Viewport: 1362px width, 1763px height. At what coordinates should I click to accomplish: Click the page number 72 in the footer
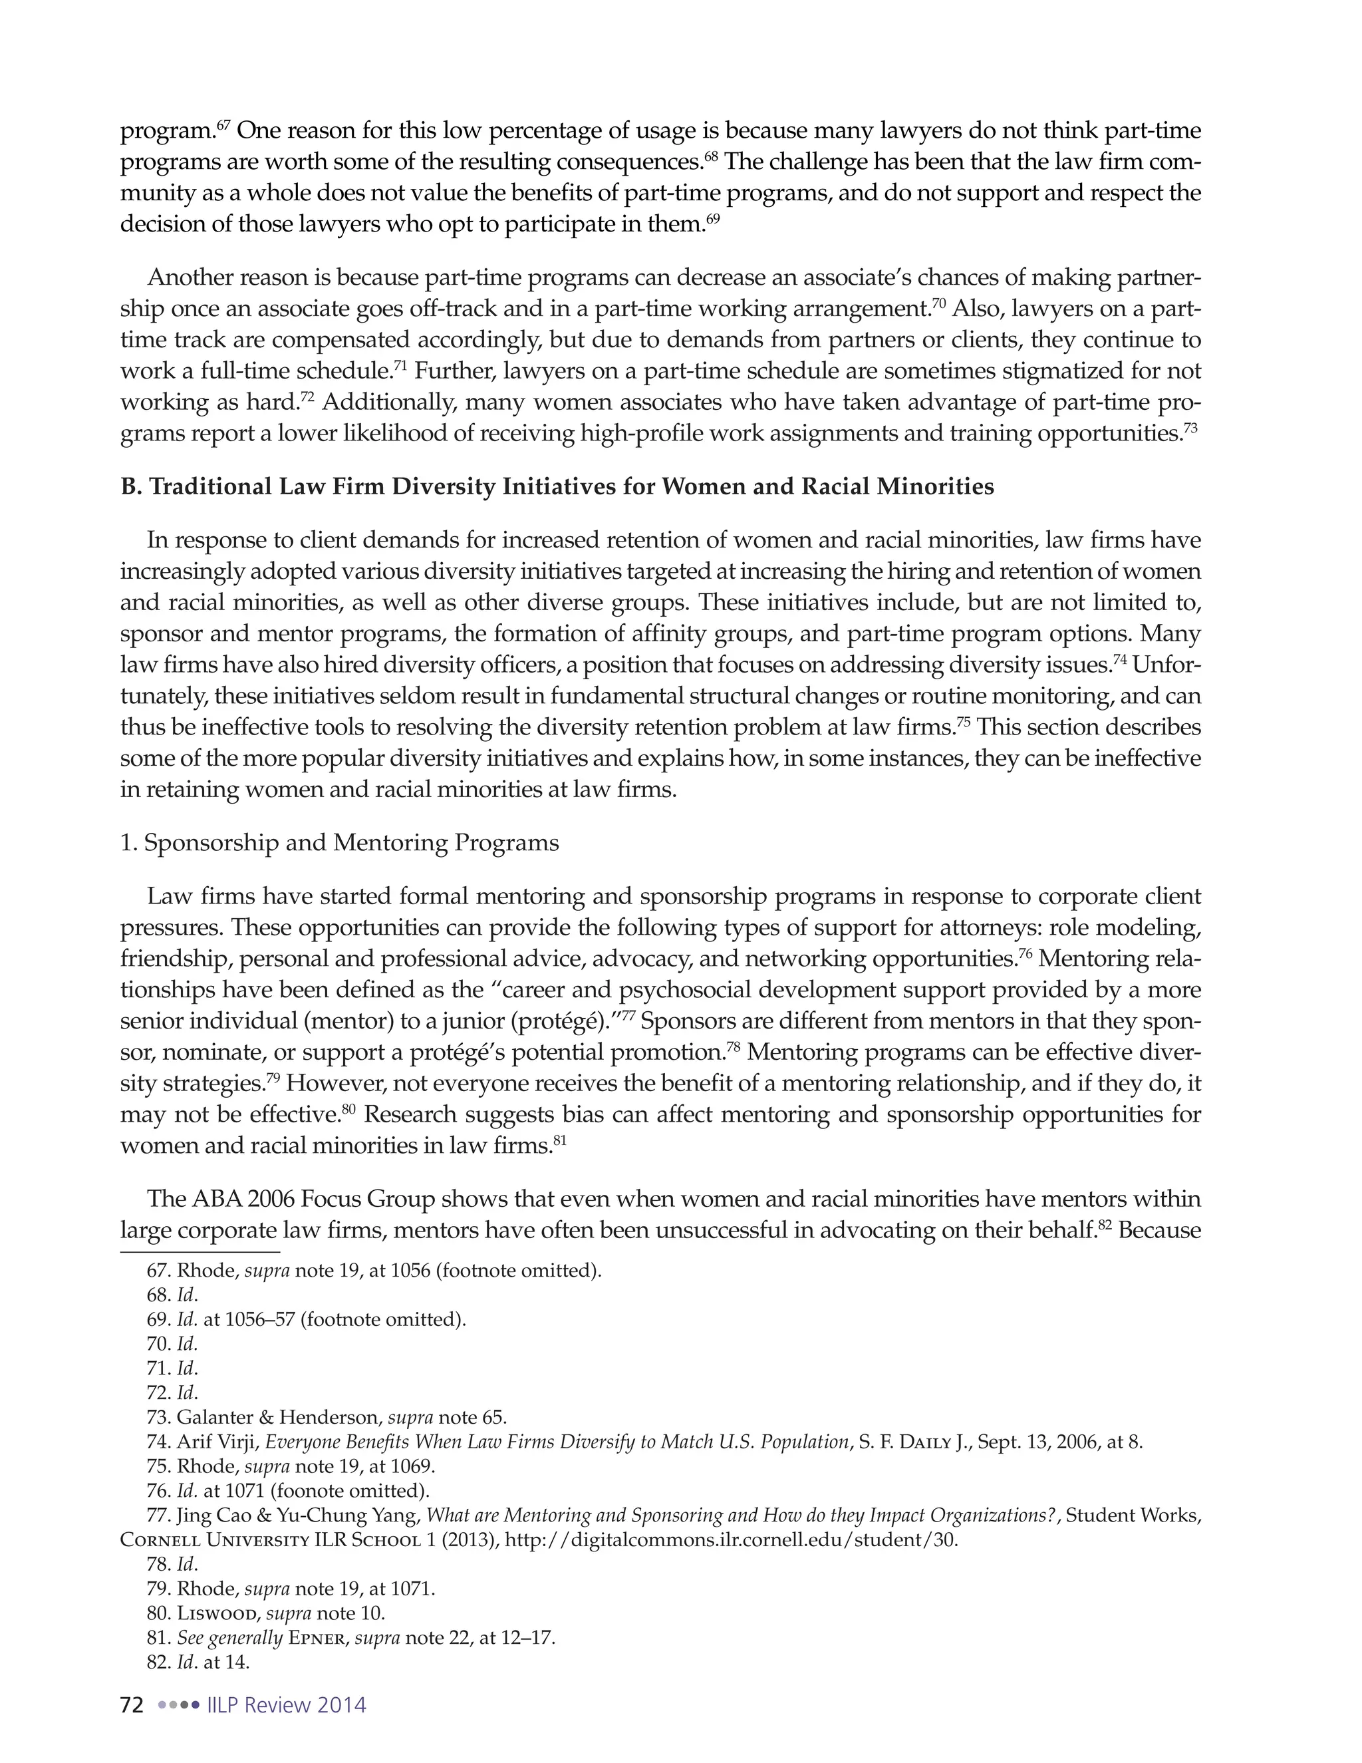coord(132,1705)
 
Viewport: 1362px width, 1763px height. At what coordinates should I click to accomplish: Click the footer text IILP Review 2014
coord(287,1705)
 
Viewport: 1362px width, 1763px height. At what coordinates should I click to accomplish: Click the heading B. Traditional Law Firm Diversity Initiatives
coord(557,487)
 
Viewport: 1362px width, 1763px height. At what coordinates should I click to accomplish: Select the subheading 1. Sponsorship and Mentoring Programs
coord(339,843)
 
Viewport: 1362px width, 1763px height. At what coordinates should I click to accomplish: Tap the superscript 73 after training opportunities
coord(1190,427)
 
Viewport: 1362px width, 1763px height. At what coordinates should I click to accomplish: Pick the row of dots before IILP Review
coord(178,1705)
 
